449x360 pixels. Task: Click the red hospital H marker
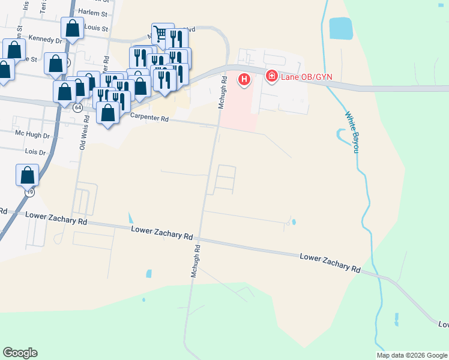[x=244, y=79]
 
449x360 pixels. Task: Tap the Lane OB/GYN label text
[x=306, y=76]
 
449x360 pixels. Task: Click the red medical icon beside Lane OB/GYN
[x=272, y=76]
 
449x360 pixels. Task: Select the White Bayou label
[x=351, y=131]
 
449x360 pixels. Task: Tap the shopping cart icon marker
[x=160, y=32]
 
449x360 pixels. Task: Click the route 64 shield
[x=78, y=108]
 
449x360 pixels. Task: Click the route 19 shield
[x=29, y=192]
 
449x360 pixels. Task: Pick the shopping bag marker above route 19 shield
[x=28, y=175]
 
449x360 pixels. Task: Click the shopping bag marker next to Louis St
[x=73, y=28]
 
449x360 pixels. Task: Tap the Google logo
[x=20, y=353]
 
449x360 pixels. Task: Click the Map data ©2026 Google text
[x=412, y=355]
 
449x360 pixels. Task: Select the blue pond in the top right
[x=340, y=28]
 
